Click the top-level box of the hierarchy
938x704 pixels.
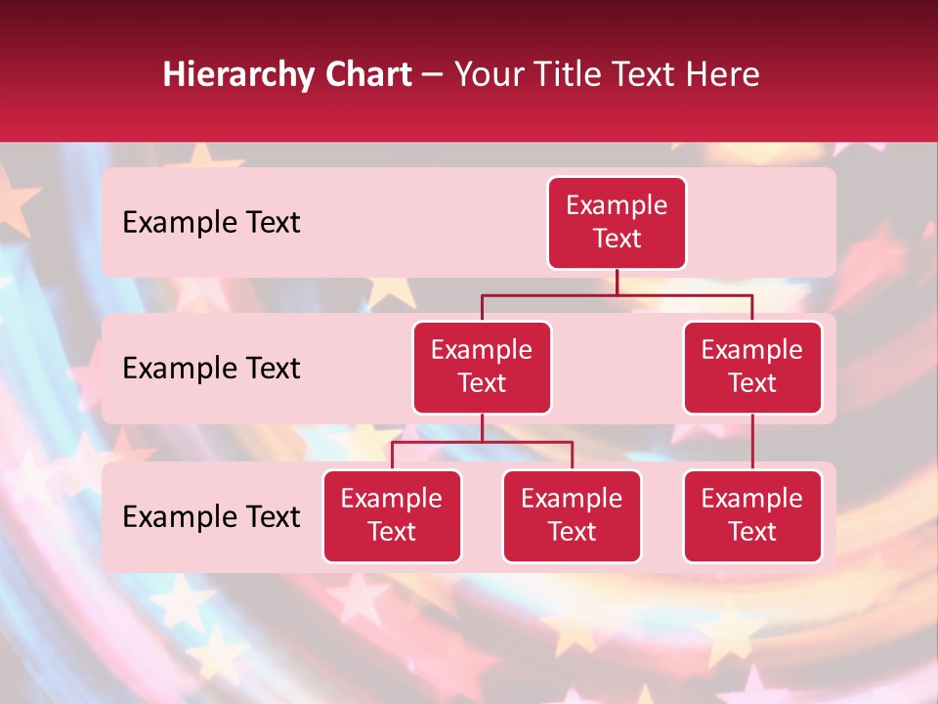click(617, 223)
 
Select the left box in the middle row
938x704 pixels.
click(482, 367)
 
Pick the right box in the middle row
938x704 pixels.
click(752, 367)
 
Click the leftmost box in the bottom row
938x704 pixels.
click(392, 515)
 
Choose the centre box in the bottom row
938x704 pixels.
click(572, 515)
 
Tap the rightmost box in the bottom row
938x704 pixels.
click(752, 515)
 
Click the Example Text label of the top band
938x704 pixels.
click(211, 223)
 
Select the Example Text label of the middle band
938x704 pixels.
click(211, 369)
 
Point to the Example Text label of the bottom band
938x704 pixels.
click(211, 517)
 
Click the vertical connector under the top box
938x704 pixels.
click(617, 283)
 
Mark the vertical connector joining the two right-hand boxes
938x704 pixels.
click(752, 442)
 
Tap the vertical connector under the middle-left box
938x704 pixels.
click(482, 427)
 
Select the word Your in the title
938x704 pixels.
click(486, 74)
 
